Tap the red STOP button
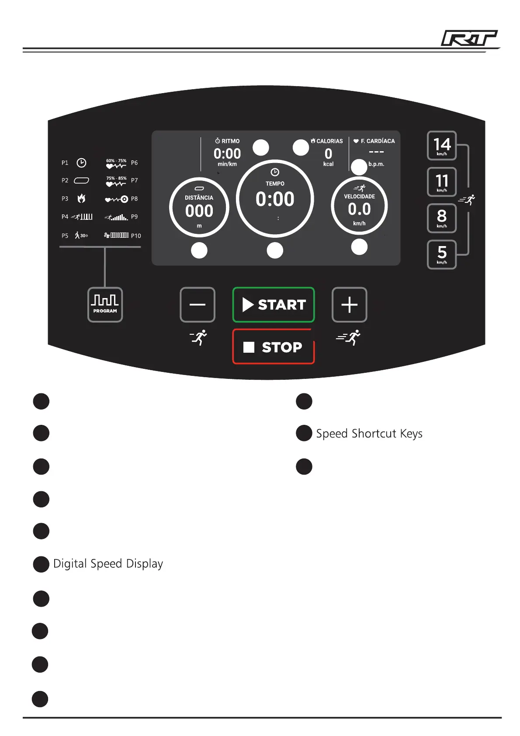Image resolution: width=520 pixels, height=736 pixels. click(x=274, y=347)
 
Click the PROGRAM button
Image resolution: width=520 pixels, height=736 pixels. click(x=105, y=305)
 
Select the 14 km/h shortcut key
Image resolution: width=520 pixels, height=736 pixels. click(x=442, y=146)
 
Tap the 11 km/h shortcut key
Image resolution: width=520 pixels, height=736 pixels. click(x=442, y=182)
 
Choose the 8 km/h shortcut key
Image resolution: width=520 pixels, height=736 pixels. click(x=442, y=218)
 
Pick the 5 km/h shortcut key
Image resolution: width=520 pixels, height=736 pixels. click(x=442, y=254)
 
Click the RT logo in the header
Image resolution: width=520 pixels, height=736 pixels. click(x=469, y=38)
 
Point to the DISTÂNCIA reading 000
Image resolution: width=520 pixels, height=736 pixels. click(x=199, y=211)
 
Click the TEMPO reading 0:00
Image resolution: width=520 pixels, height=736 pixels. click(x=275, y=199)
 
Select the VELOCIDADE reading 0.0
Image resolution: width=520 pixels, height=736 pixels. click(x=359, y=209)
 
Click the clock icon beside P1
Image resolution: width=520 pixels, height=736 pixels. click(x=81, y=163)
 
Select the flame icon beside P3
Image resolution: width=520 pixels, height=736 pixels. click(x=81, y=199)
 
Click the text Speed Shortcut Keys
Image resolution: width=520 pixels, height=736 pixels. click(x=369, y=434)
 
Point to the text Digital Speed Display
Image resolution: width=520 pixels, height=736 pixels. click(x=108, y=564)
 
